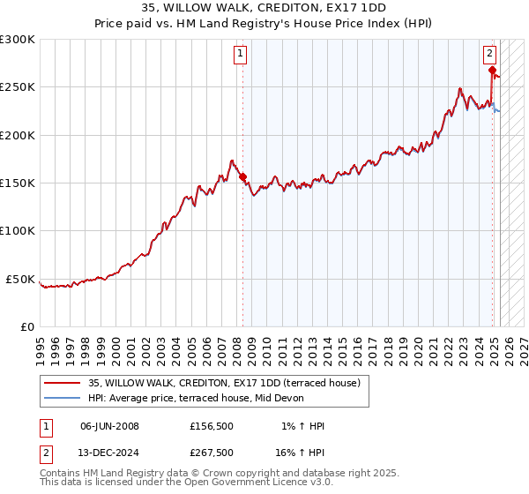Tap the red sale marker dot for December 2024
[x=492, y=71]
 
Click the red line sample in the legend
[x=63, y=384]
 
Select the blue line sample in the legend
[x=63, y=399]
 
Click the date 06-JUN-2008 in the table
[x=109, y=426]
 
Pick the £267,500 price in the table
[x=212, y=453]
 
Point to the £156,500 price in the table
[x=212, y=426]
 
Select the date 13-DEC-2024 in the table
[x=109, y=453]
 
